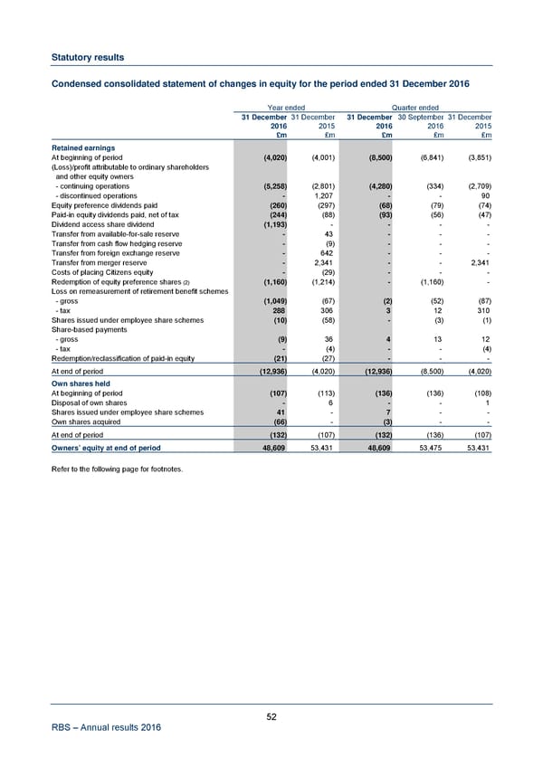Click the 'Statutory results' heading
tap(88, 57)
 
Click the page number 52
tap(271, 717)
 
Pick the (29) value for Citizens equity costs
tap(328, 271)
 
